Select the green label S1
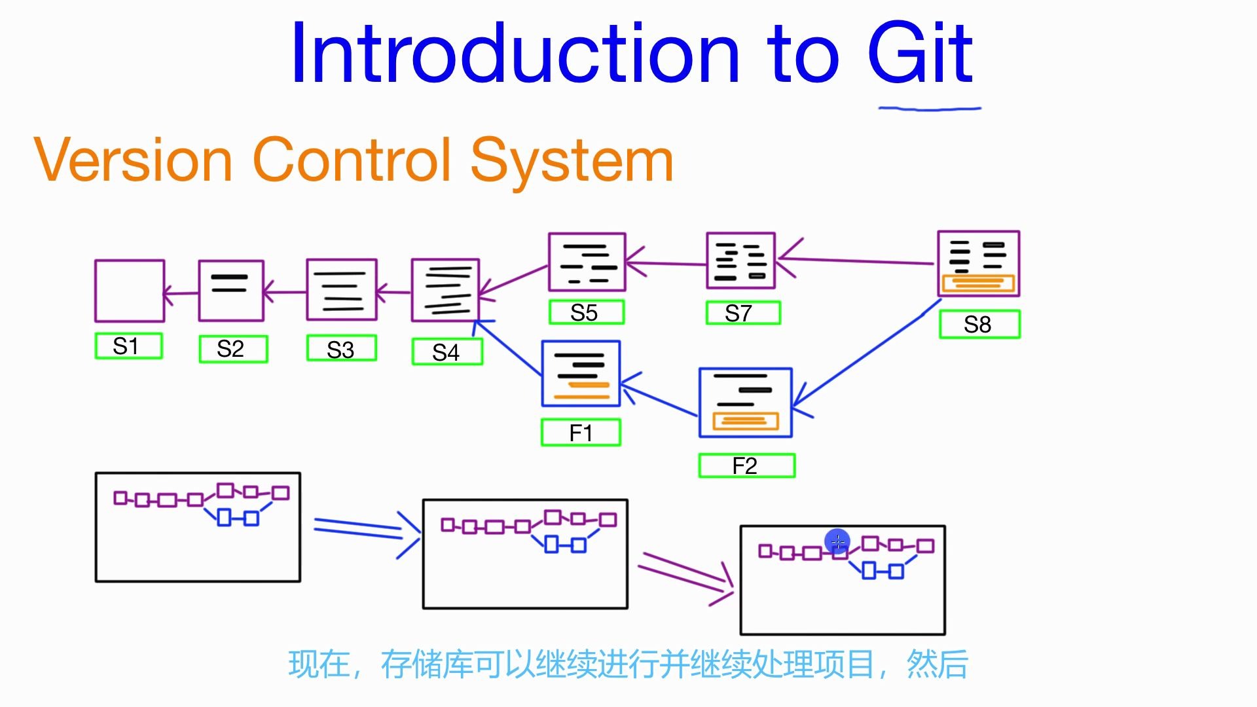click(128, 346)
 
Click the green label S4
click(447, 352)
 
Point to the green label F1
click(581, 433)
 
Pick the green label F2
click(746, 466)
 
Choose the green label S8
click(979, 325)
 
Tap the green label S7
click(743, 313)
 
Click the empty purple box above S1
click(130, 291)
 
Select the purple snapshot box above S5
click(587, 262)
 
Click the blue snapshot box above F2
click(745, 403)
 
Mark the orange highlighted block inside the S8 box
click(977, 283)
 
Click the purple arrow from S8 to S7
click(858, 261)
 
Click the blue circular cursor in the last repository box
click(837, 541)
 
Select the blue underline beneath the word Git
click(930, 109)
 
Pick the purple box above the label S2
click(231, 291)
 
